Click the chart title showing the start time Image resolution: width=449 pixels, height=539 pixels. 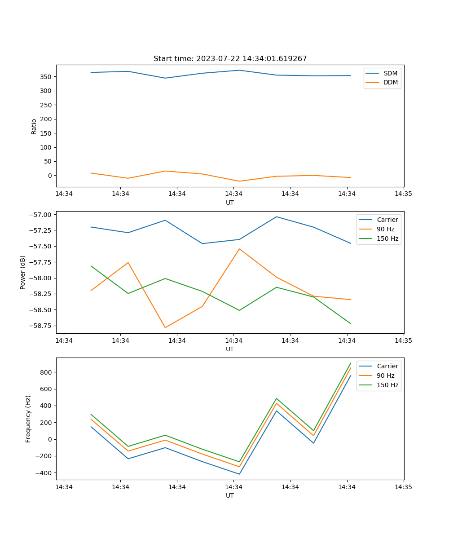pyautogui.click(x=230, y=59)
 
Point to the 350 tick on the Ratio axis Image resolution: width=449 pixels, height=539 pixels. pyautogui.click(x=46, y=77)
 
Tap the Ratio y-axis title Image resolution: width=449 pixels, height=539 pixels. pyautogui.click(x=34, y=126)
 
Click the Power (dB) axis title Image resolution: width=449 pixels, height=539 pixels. pyautogui.click(x=23, y=272)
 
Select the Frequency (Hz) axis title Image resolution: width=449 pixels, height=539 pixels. pyautogui.click(x=28, y=419)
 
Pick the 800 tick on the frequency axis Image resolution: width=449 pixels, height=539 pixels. pyautogui.click(x=46, y=372)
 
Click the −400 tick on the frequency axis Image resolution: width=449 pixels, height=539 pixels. pyautogui.click(x=44, y=473)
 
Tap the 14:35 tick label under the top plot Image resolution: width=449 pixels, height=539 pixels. pyautogui.click(x=403, y=194)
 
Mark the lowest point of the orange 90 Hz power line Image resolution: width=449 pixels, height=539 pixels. pyautogui.click(x=165, y=327)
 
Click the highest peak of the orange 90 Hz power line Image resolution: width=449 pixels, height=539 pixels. pyautogui.click(x=239, y=249)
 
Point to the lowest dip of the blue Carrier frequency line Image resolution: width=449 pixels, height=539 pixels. pyautogui.click(x=239, y=474)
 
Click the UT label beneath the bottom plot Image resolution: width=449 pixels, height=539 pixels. pyautogui.click(x=230, y=495)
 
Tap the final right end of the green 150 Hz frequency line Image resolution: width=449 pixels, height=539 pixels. pyautogui.click(x=351, y=363)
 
